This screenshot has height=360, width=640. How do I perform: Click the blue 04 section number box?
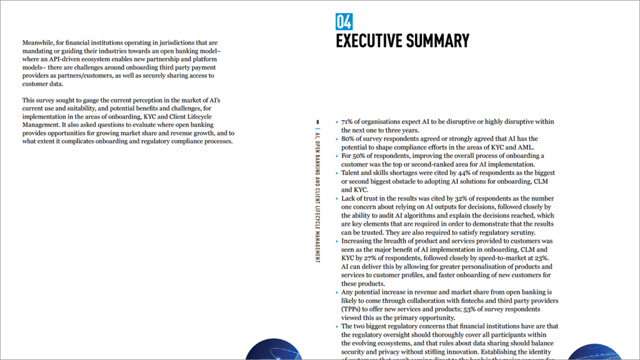pyautogui.click(x=344, y=22)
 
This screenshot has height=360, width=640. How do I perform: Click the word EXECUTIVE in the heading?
pyautogui.click(x=369, y=41)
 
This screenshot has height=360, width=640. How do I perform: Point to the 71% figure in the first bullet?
pyautogui.click(x=347, y=122)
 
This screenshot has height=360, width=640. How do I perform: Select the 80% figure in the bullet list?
pyautogui.click(x=348, y=139)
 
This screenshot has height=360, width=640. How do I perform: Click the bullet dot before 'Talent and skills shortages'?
pyautogui.click(x=336, y=172)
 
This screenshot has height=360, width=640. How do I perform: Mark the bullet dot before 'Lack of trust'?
pyautogui.click(x=336, y=198)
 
